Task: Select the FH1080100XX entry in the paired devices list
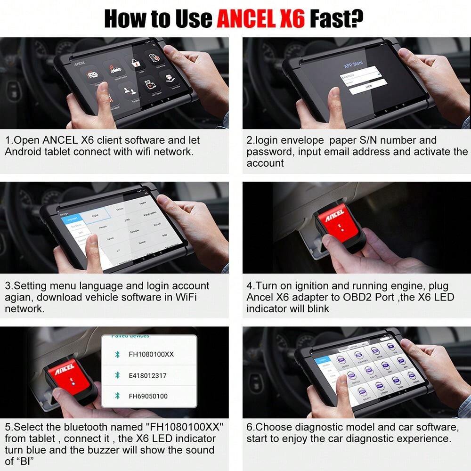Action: tap(151, 354)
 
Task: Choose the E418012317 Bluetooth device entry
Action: tap(147, 375)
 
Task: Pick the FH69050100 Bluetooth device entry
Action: tap(148, 396)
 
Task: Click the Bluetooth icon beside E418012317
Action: tap(117, 375)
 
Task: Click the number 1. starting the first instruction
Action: tap(9, 140)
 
